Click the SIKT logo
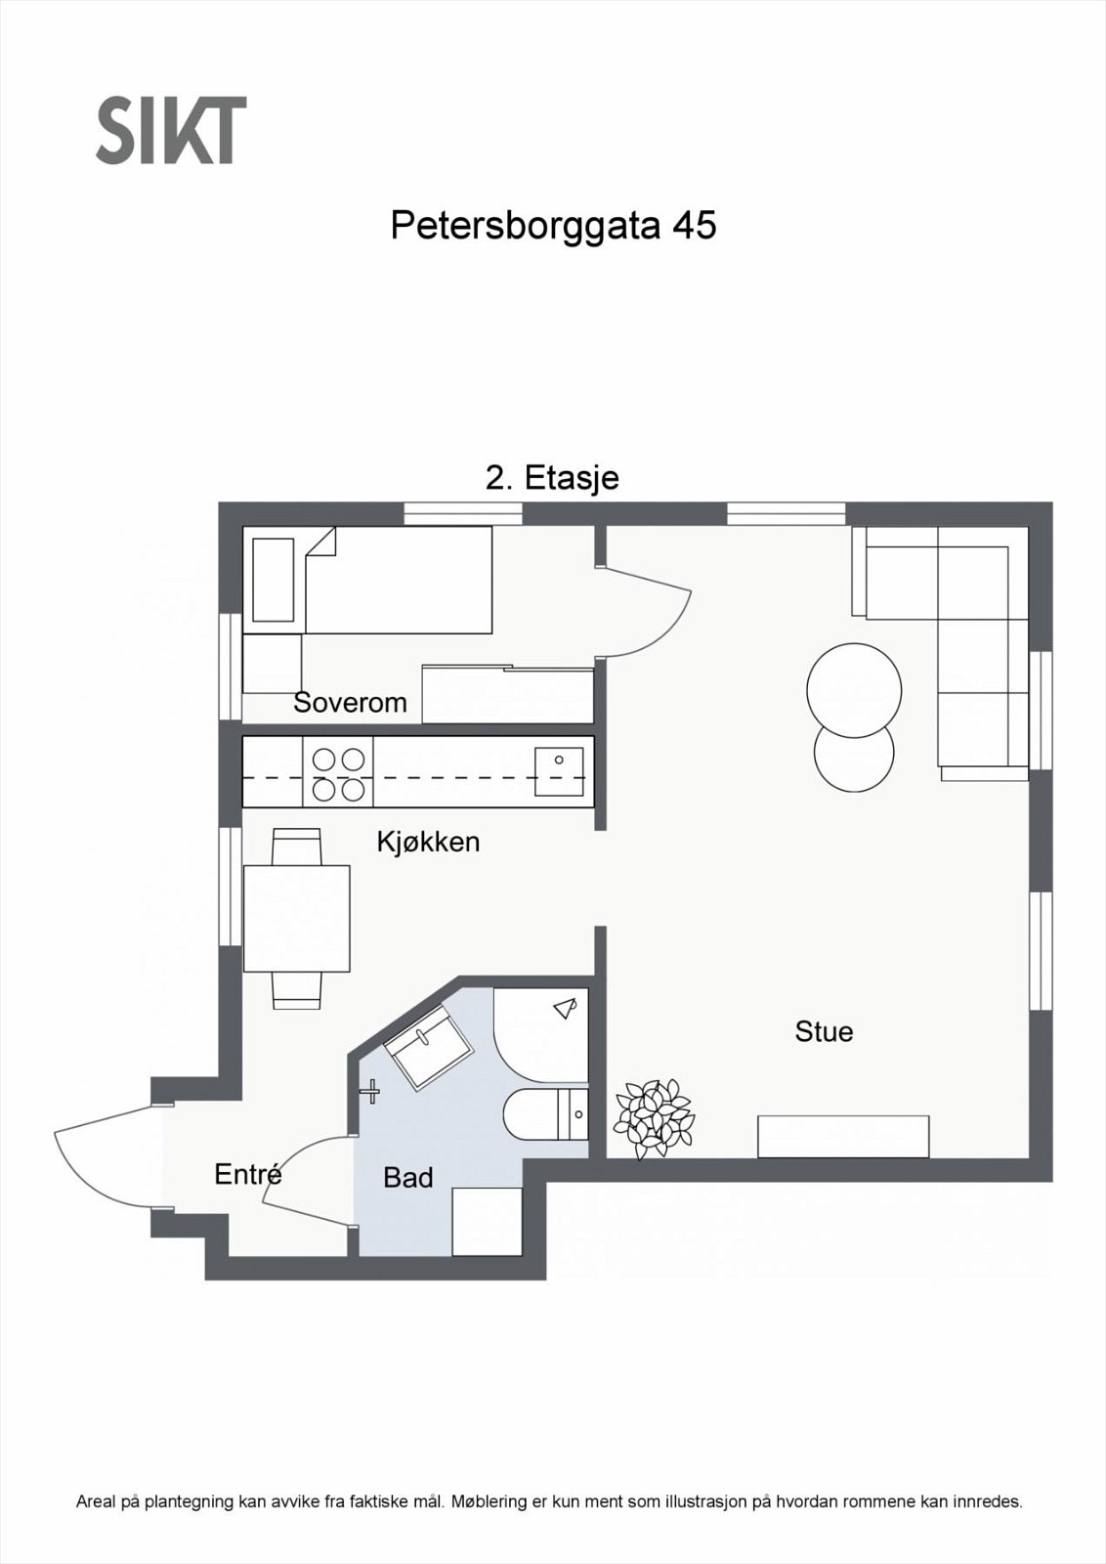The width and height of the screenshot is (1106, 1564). tap(171, 130)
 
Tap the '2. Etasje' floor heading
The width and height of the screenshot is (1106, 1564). tap(552, 478)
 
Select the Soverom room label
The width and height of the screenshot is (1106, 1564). tap(350, 702)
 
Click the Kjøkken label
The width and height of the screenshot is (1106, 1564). tap(428, 842)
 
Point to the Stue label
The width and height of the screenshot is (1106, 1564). tap(824, 1031)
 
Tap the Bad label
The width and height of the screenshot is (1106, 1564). tap(407, 1178)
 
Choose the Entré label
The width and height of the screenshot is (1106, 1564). tap(248, 1174)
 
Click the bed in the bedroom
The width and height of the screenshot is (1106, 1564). tap(399, 580)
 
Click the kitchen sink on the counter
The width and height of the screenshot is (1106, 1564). tap(559, 771)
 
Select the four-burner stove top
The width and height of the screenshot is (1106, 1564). tap(338, 772)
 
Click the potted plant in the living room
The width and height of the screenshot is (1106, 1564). tap(653, 1117)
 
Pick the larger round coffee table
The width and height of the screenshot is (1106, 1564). tap(854, 690)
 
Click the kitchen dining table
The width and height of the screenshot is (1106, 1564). tap(296, 918)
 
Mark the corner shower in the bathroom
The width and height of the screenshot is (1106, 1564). tap(540, 1033)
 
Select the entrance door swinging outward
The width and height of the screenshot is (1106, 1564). tap(98, 1158)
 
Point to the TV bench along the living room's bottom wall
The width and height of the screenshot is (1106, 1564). tap(843, 1136)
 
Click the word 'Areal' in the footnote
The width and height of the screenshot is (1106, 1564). tap(96, 1501)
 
